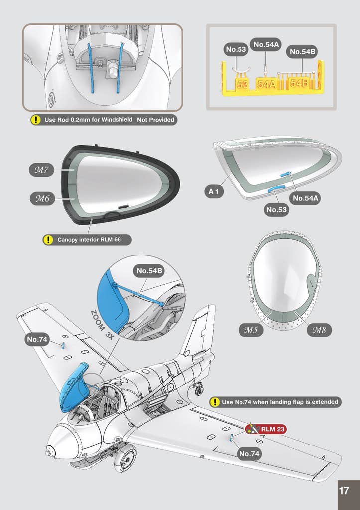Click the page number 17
344,490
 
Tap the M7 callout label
41,170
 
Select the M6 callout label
42,198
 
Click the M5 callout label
251,330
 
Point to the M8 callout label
319,330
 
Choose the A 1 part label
214,192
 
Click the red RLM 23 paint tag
266,429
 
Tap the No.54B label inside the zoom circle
149,271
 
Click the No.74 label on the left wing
37,339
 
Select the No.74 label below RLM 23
249,454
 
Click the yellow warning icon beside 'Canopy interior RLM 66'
48,240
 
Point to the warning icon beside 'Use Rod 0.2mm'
35,120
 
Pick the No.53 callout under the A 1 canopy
276,210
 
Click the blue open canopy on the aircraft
73,387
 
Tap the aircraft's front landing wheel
125,458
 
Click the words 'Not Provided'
155,120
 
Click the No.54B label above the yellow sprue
302,51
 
